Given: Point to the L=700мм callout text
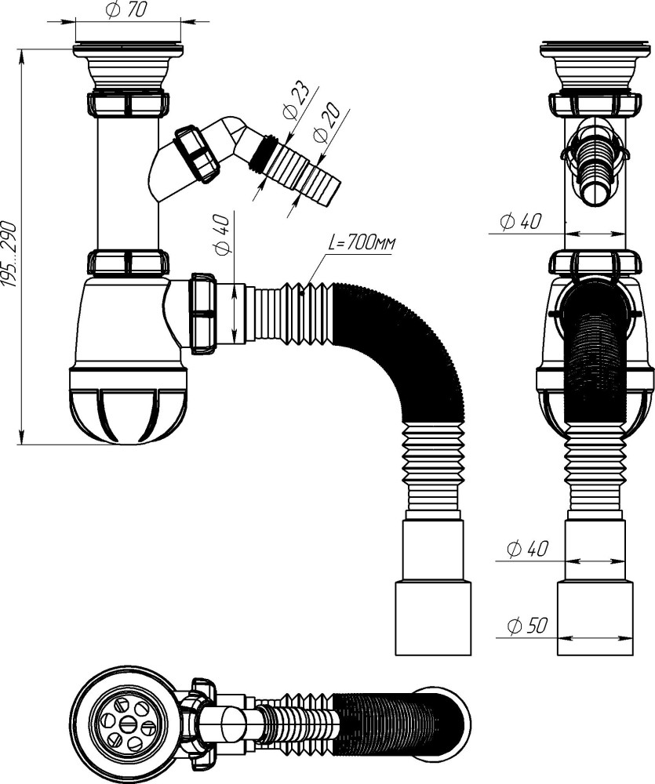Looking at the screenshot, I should pyautogui.click(x=362, y=244).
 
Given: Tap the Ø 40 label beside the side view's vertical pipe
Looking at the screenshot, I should pyautogui.click(x=520, y=222).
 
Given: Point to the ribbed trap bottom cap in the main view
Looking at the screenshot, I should pyautogui.click(x=128, y=408).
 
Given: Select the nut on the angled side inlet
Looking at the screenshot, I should pyautogui.click(x=196, y=154).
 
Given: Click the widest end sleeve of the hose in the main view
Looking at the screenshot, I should pyautogui.click(x=432, y=618).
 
